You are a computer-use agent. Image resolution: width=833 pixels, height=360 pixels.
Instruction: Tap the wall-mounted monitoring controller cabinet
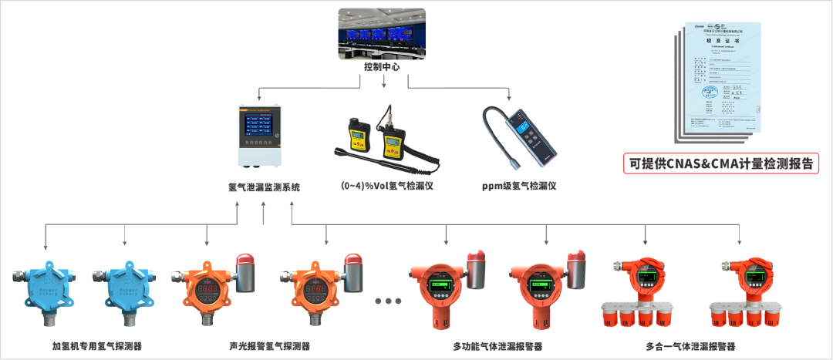(x=260, y=137)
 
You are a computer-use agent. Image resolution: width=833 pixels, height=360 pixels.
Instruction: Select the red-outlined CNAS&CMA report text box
(x=721, y=163)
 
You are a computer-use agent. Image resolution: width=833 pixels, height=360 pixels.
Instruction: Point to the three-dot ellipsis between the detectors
(x=388, y=301)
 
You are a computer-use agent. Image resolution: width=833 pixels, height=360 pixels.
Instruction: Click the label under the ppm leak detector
(x=518, y=186)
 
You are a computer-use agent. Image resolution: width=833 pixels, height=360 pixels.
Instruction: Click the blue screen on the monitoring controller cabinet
(x=260, y=128)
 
